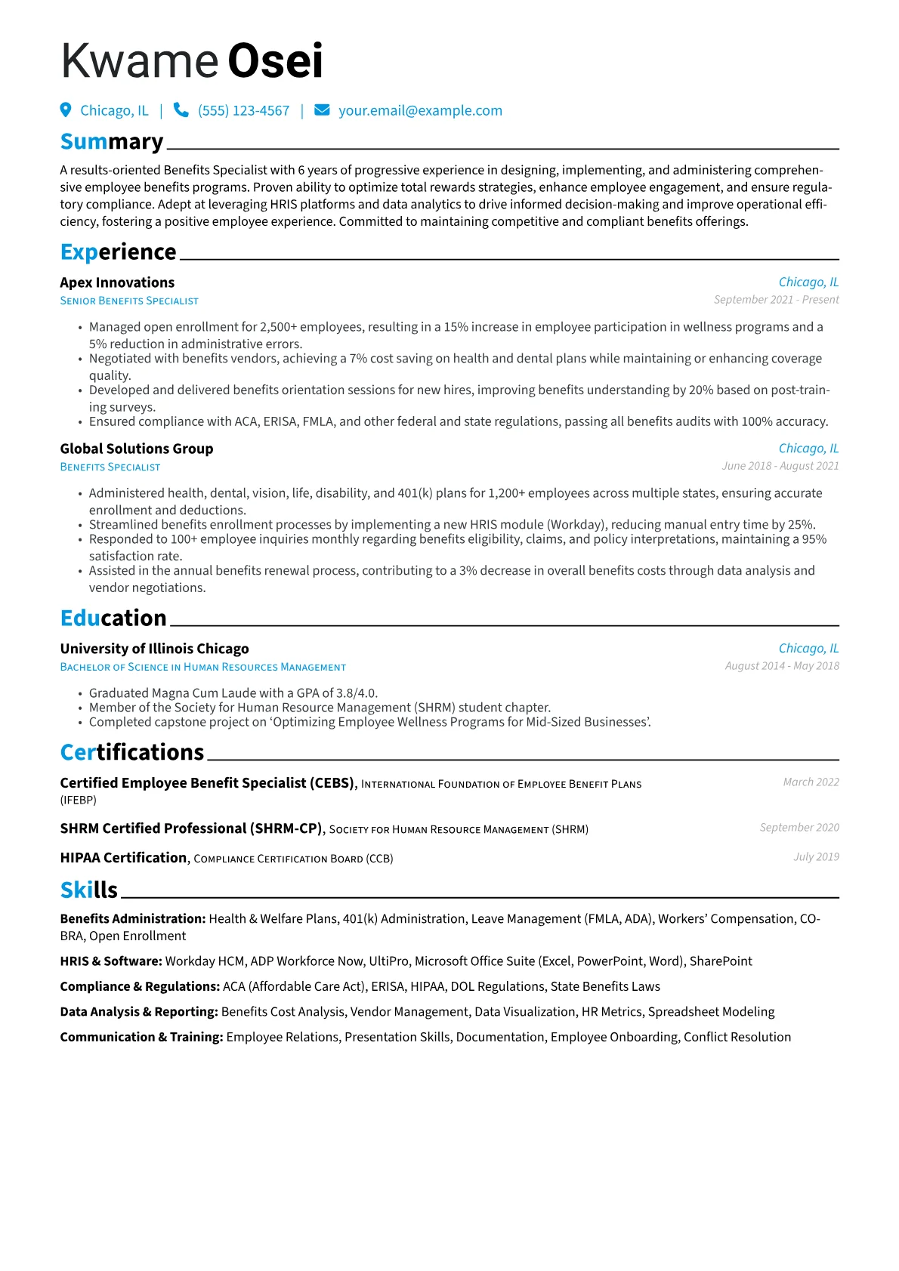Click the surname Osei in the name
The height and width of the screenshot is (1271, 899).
[275, 61]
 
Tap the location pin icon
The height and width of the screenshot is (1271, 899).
[66, 110]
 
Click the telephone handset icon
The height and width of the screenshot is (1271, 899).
[181, 110]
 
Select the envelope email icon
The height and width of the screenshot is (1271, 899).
[322, 110]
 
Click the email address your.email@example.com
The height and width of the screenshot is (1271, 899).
[420, 111]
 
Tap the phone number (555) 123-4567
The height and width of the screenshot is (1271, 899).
[243, 111]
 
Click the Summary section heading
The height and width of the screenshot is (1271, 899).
[112, 142]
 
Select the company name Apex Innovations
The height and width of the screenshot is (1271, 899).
[117, 282]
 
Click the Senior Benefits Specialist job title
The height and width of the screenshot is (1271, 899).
[129, 301]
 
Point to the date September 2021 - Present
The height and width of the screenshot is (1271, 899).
[776, 300]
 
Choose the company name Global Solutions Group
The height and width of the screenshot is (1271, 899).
[137, 449]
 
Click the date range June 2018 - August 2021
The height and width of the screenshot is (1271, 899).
[780, 466]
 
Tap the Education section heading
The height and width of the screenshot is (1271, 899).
[113, 619]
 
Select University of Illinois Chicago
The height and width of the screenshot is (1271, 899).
[154, 649]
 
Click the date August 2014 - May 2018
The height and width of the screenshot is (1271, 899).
[782, 666]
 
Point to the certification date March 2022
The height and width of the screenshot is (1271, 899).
[811, 782]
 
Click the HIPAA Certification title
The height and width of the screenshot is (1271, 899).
[123, 858]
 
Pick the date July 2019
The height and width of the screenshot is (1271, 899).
[816, 857]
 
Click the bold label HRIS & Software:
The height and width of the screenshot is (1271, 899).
[111, 961]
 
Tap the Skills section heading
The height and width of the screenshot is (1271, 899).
[89, 890]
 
